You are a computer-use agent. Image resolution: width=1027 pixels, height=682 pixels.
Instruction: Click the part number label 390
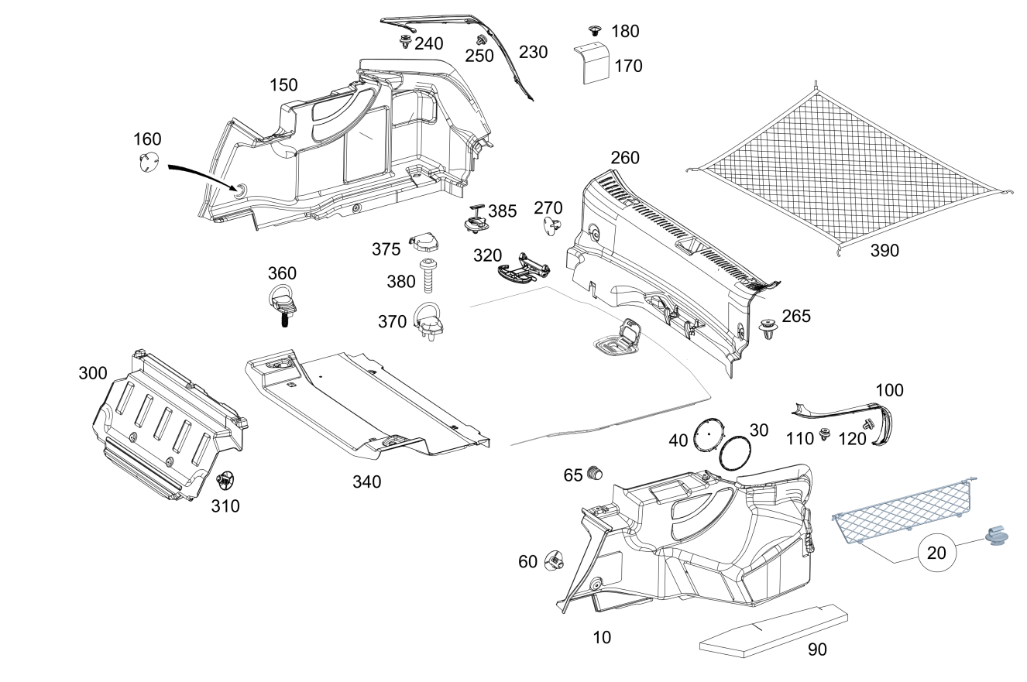884,251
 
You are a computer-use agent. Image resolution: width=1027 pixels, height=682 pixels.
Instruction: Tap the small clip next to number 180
595,31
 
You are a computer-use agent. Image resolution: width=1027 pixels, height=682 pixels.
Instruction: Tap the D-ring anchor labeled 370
427,321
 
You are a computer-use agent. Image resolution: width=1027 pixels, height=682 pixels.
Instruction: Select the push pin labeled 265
769,330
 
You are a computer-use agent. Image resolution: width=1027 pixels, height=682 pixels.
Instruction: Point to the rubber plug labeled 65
595,473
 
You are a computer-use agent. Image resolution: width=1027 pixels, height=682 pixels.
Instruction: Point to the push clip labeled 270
551,226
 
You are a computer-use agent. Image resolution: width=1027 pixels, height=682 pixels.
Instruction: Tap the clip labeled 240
405,42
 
